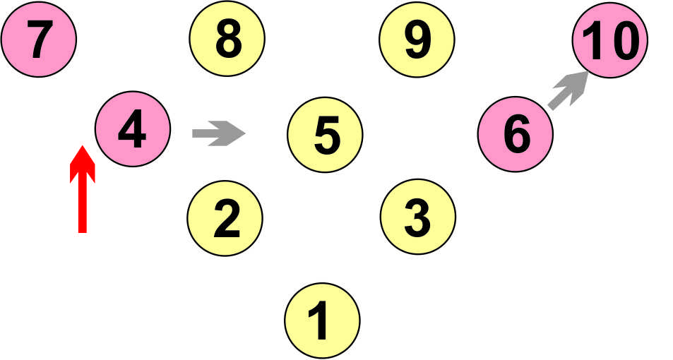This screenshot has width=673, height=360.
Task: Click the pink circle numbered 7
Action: point(40,40)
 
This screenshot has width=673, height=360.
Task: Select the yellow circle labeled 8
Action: point(227,40)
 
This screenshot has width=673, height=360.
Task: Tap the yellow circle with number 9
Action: point(417,40)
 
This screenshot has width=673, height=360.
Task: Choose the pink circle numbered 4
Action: point(133,131)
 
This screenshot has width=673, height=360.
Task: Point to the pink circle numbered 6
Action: point(516,133)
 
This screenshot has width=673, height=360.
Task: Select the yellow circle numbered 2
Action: point(226,218)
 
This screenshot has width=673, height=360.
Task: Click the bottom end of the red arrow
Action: point(83,230)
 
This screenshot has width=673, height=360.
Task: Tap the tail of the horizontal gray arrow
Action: point(195,133)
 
